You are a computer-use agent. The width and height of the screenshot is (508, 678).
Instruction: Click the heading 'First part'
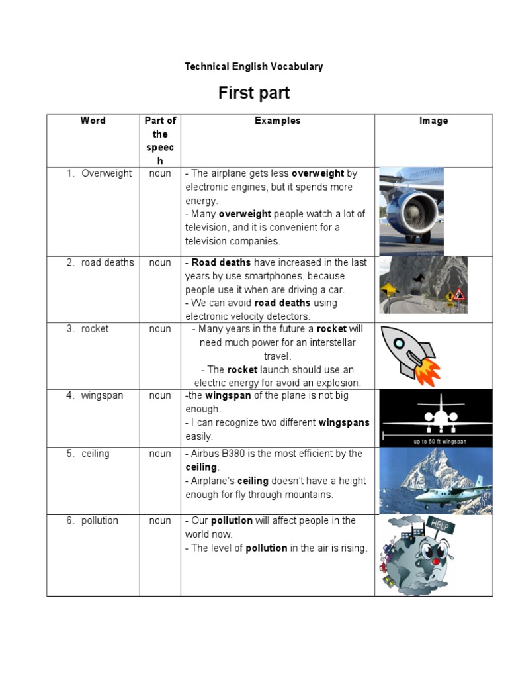(254, 93)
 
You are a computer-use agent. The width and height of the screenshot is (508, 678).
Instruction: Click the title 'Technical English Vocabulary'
(254, 66)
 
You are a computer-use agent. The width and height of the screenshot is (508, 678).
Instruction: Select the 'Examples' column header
(277, 121)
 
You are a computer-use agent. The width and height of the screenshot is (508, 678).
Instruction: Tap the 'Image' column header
(433, 121)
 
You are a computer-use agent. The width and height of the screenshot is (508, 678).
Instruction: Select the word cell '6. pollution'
(99, 520)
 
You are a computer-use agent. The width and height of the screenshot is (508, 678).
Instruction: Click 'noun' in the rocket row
(160, 329)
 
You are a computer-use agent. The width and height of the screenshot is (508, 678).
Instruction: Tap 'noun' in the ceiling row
(160, 454)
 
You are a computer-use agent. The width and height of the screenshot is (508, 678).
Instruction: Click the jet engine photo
(411, 211)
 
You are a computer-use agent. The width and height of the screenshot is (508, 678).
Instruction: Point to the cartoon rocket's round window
(400, 343)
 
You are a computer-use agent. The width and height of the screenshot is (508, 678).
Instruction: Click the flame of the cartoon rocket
(429, 372)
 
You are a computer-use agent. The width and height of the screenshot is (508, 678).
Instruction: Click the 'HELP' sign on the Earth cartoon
(442, 526)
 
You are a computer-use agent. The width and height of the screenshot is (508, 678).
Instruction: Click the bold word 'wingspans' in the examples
(344, 422)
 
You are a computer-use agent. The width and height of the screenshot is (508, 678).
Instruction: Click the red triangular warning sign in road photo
(458, 294)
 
